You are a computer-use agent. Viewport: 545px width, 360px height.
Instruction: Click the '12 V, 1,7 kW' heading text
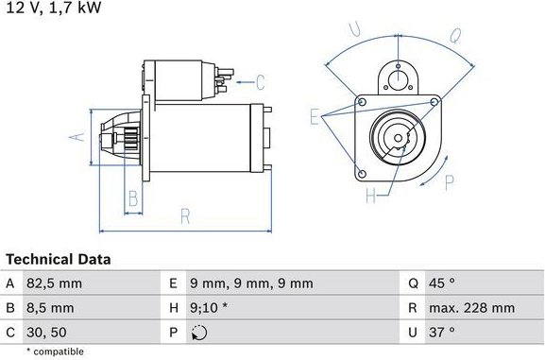click(x=52, y=8)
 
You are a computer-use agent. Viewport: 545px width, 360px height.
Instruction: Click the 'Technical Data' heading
click(x=59, y=259)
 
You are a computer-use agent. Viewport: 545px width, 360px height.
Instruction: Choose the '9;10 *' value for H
click(x=210, y=307)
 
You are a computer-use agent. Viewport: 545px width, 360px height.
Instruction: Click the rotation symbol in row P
click(x=197, y=332)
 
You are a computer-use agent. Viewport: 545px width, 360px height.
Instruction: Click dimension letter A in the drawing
click(x=79, y=138)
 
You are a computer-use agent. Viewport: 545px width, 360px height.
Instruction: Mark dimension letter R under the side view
click(x=185, y=216)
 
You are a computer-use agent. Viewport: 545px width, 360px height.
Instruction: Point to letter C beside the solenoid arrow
click(x=260, y=81)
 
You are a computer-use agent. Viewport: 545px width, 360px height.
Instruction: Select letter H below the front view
click(x=371, y=196)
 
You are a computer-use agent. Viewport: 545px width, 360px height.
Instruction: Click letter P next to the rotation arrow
click(x=449, y=182)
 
